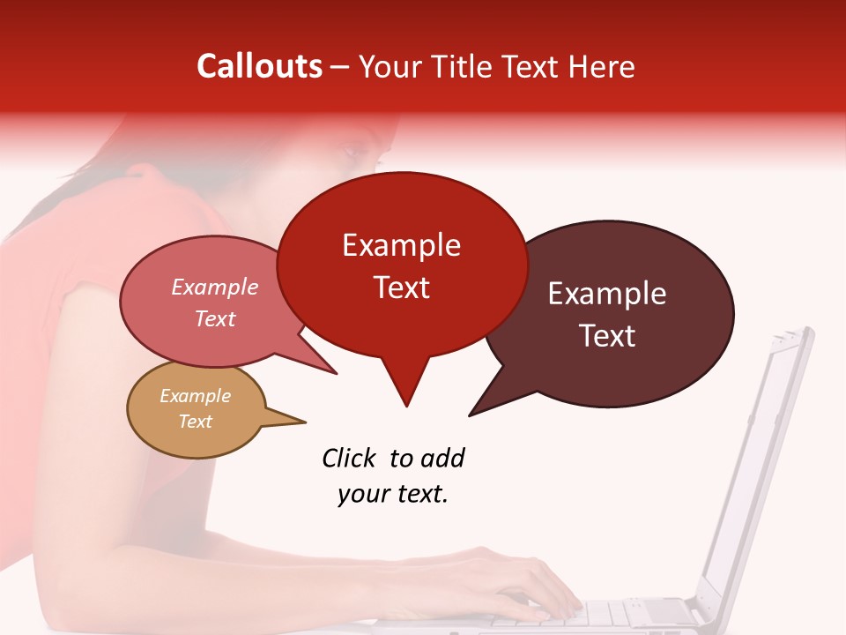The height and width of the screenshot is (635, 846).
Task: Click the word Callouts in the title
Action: click(259, 66)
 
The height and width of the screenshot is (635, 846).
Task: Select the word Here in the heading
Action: click(599, 66)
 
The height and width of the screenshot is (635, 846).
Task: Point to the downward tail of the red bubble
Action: click(405, 388)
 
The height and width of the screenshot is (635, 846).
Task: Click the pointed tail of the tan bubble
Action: click(295, 421)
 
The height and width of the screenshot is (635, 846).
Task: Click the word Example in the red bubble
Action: click(401, 245)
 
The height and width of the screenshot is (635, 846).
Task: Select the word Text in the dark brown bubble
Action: click(607, 336)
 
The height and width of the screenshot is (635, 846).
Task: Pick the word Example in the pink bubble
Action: click(214, 287)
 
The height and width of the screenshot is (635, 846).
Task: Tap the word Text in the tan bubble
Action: click(195, 422)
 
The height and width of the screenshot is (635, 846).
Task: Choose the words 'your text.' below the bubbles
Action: click(392, 494)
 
